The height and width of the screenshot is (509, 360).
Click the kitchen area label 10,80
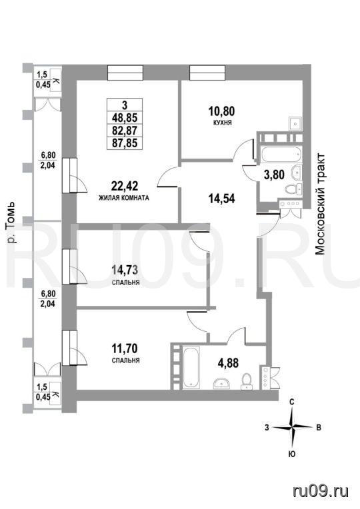221,112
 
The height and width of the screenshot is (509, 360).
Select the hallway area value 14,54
221,198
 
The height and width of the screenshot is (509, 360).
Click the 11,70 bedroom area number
125,348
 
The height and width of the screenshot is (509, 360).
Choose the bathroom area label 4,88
228,362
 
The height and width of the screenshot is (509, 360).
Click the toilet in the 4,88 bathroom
247,380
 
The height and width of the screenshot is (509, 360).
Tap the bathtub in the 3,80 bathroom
281,154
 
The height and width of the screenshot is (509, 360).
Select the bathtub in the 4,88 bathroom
191,367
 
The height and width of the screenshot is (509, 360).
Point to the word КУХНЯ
221,123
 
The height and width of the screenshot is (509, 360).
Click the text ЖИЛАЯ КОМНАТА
124,198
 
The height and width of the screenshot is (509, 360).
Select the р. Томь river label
12,223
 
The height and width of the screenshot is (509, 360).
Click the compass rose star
293,427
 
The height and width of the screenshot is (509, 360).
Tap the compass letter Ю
292,454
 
